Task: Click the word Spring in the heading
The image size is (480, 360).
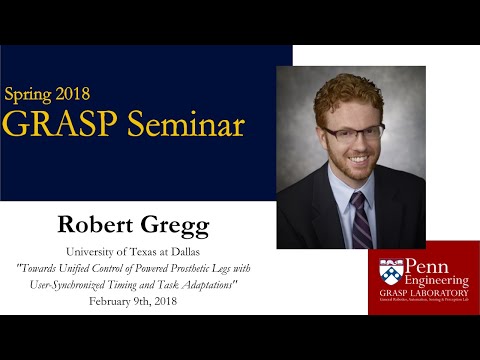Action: click(x=32, y=96)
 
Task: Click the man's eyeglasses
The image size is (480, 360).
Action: click(x=351, y=133)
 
